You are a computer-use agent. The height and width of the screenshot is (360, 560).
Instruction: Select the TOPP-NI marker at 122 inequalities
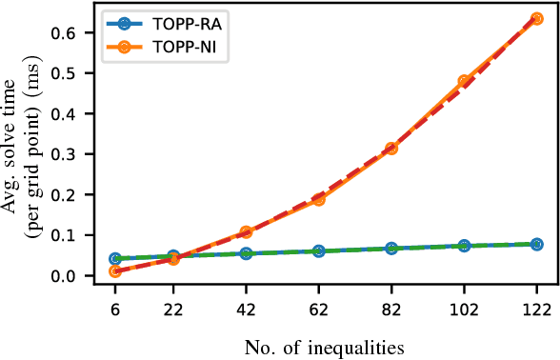pos(536,18)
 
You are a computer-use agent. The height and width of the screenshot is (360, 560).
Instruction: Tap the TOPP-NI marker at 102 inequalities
pos(464,82)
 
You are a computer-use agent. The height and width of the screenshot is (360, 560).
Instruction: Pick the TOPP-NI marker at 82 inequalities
pos(390,149)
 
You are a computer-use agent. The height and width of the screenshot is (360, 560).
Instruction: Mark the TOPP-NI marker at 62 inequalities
pos(318,199)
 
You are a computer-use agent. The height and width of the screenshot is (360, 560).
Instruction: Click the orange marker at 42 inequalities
pos(246,232)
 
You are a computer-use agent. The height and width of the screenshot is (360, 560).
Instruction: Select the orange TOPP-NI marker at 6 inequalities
pos(115,271)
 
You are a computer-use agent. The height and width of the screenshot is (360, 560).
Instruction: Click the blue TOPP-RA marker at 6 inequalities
pos(115,259)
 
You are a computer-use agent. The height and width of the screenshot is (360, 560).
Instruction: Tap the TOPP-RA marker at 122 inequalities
pos(536,244)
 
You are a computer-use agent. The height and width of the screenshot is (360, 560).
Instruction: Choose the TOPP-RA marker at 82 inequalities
pos(390,249)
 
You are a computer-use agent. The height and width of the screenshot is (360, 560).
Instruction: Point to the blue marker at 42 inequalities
pos(246,253)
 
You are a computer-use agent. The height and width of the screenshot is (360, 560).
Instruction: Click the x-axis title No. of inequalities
pos(325,344)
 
